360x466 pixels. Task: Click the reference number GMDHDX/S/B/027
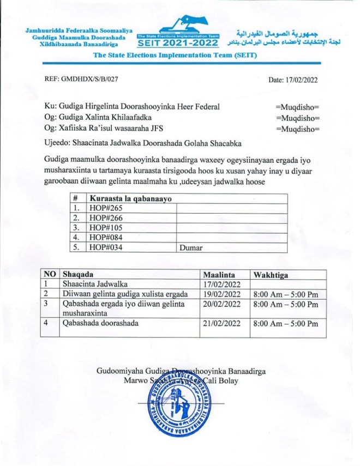point(81,79)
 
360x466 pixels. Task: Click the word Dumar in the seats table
point(191,247)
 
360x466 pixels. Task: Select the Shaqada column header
point(78,274)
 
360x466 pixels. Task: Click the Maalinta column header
point(219,274)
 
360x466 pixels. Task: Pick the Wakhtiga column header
point(271,274)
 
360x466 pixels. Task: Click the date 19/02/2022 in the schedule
point(221,294)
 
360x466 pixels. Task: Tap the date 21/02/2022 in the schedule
point(221,323)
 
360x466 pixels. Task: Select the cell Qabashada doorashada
point(100,323)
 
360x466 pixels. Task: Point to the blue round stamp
point(179,406)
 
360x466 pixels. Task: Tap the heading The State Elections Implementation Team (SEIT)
point(176,56)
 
